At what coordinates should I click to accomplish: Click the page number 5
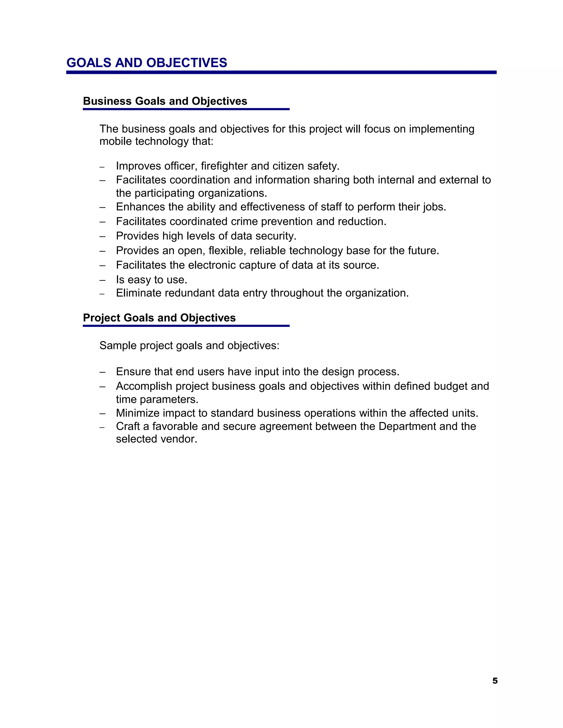(495, 681)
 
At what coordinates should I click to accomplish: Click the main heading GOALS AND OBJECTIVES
(147, 63)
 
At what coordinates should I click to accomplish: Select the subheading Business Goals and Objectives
(165, 101)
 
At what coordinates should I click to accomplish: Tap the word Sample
(118, 346)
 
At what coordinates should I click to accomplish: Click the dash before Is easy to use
(102, 280)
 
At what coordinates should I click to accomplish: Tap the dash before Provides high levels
(102, 236)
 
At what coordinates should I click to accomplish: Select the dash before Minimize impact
(102, 414)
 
